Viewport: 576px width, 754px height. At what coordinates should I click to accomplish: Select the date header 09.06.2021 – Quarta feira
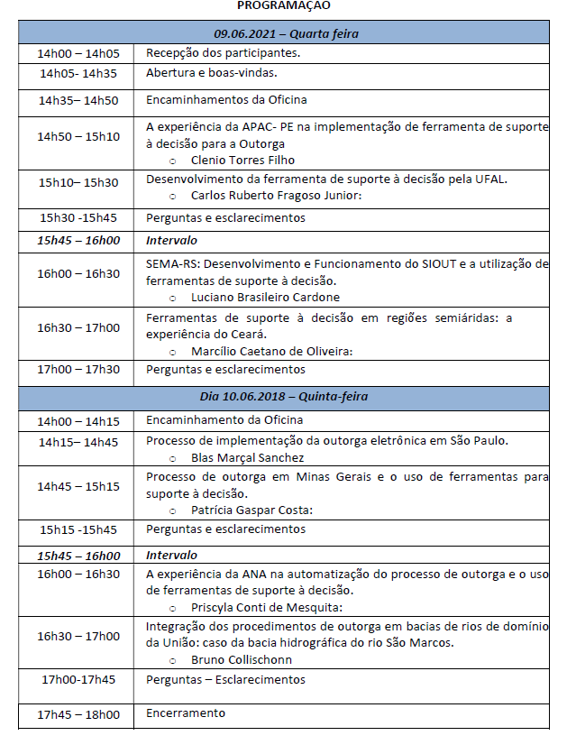click(x=286, y=34)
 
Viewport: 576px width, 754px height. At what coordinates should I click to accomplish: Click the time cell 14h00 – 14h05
click(x=78, y=53)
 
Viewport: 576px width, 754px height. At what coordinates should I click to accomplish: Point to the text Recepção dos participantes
click(x=224, y=53)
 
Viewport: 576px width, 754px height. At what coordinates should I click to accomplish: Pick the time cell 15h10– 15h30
click(x=78, y=183)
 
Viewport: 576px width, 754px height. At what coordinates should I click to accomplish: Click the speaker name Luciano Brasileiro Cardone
click(x=266, y=297)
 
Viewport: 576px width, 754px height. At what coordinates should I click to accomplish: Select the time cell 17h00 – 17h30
click(x=78, y=369)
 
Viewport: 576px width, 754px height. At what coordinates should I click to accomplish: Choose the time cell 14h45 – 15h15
click(x=78, y=486)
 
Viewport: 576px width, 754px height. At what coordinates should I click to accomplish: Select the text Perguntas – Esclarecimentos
click(x=226, y=679)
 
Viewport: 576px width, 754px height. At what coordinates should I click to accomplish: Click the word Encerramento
click(x=186, y=713)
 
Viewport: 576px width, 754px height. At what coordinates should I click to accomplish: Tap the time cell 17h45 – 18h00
click(x=78, y=715)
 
